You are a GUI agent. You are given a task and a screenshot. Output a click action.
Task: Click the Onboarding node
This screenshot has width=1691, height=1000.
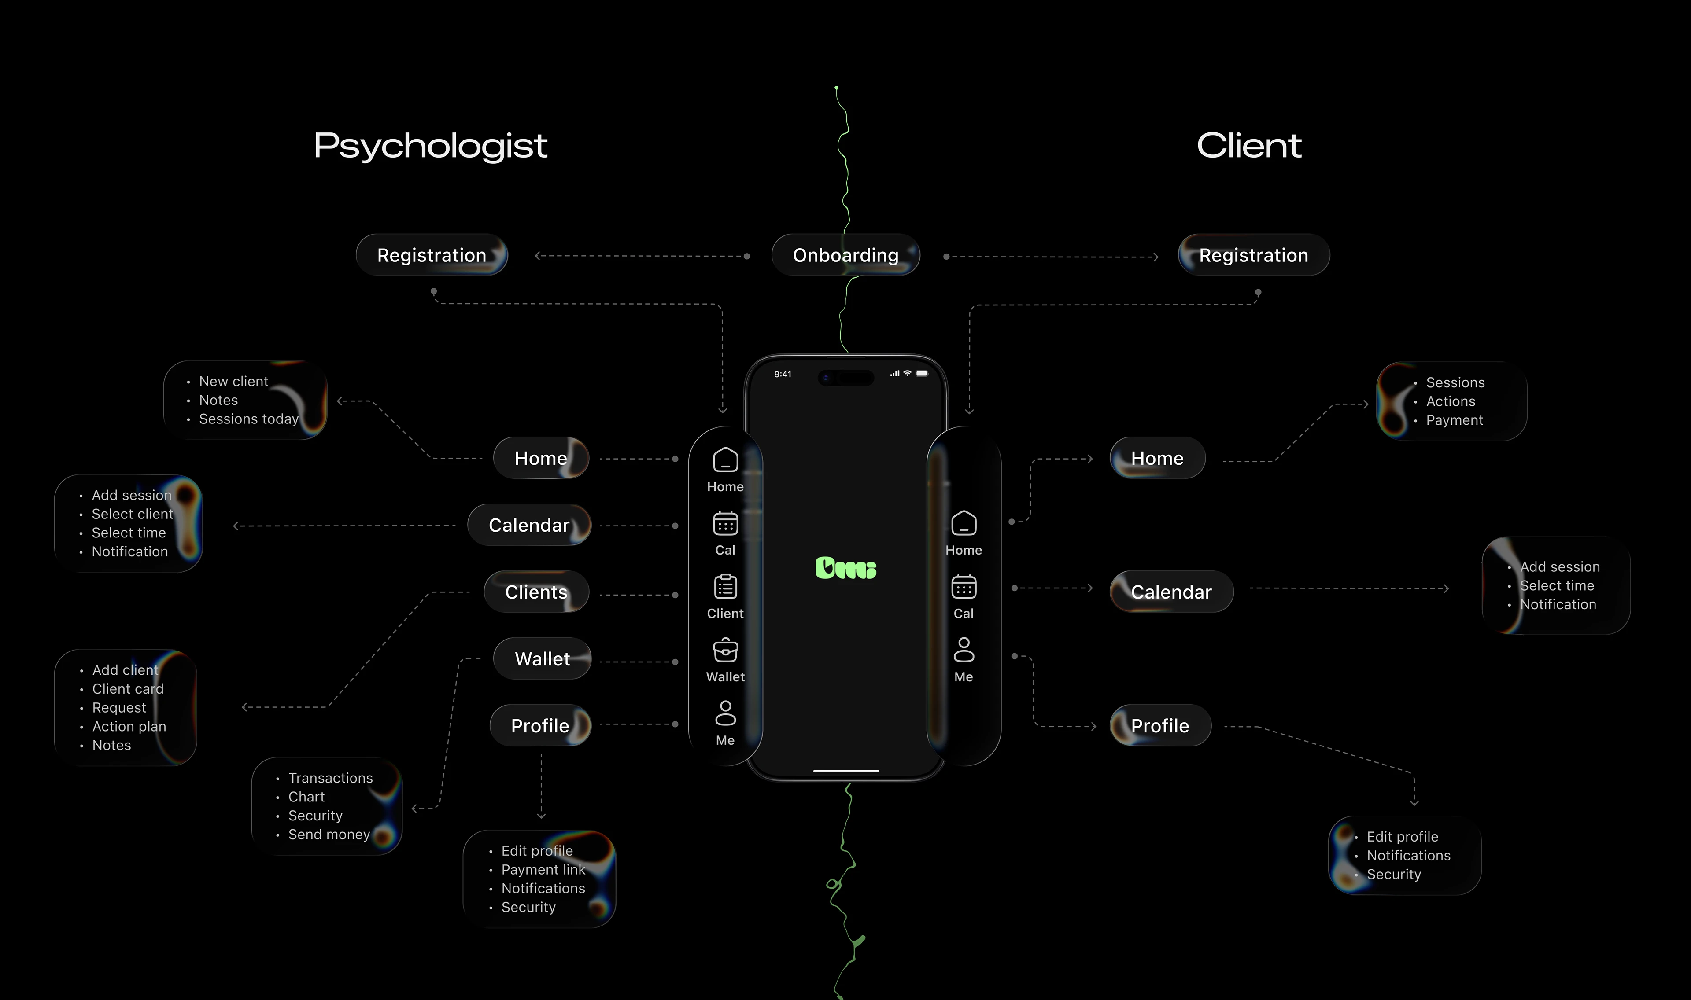(845, 255)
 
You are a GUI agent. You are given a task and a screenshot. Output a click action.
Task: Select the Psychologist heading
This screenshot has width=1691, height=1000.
(431, 146)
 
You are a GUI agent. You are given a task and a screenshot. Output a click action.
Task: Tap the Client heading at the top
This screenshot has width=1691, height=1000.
(1249, 146)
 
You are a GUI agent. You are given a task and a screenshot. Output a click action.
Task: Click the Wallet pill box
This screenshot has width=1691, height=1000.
(542, 659)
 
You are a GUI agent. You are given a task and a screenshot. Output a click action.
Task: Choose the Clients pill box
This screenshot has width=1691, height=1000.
(536, 592)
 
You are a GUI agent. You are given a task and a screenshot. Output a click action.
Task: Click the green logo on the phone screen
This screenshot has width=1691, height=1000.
(846, 568)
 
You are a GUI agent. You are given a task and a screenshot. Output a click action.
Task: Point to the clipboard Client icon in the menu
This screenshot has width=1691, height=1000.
(725, 587)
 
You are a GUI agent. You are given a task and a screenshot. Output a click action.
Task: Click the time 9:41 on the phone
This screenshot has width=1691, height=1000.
(783, 375)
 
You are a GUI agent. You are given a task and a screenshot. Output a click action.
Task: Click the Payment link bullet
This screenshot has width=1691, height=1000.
(543, 870)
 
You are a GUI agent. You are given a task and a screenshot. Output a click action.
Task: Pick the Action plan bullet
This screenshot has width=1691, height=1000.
(129, 726)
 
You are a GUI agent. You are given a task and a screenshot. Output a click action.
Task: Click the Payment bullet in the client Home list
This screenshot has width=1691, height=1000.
(1454, 420)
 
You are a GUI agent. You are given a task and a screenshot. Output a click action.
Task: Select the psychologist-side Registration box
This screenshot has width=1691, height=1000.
(432, 255)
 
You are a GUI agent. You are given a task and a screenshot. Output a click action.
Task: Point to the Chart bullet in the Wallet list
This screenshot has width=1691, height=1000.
(306, 797)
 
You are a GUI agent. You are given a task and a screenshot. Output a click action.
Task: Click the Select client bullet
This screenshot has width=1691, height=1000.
(132, 514)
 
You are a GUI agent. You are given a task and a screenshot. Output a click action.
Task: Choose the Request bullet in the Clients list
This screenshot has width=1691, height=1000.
(118, 708)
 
